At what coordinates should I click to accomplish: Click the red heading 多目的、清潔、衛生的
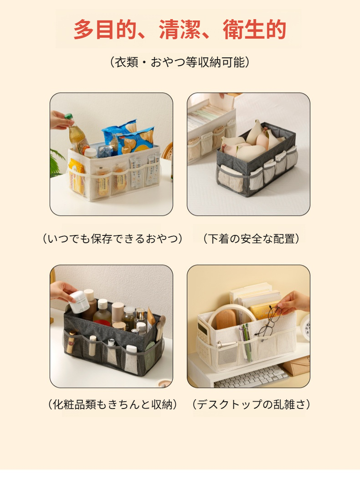(180, 30)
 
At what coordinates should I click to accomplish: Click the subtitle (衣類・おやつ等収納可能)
(180, 62)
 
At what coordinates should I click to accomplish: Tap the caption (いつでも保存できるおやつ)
(112, 238)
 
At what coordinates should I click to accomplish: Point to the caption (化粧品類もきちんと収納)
(112, 404)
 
